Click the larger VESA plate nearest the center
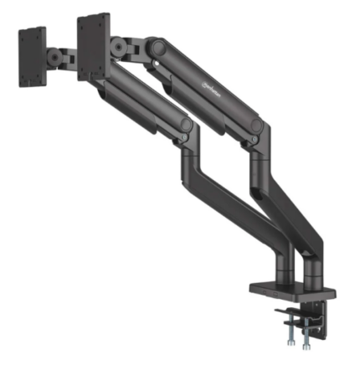[x=94, y=48]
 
